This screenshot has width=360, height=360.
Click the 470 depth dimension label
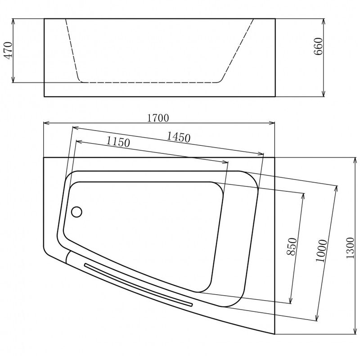pyautogui.click(x=9, y=50)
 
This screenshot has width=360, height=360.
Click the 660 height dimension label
pyautogui.click(x=318, y=46)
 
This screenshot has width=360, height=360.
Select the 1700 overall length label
pyautogui.click(x=158, y=118)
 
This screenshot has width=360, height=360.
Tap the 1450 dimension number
pyautogui.click(x=178, y=137)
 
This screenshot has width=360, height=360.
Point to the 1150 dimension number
pyautogui.click(x=118, y=142)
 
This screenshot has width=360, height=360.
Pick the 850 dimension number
pyautogui.click(x=292, y=247)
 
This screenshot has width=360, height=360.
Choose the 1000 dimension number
pyautogui.click(x=321, y=251)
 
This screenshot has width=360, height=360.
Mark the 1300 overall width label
pyautogui.click(x=351, y=248)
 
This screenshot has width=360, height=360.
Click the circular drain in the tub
pyautogui.click(x=76, y=211)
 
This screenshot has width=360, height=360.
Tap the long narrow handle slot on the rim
pyautogui.click(x=138, y=285)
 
